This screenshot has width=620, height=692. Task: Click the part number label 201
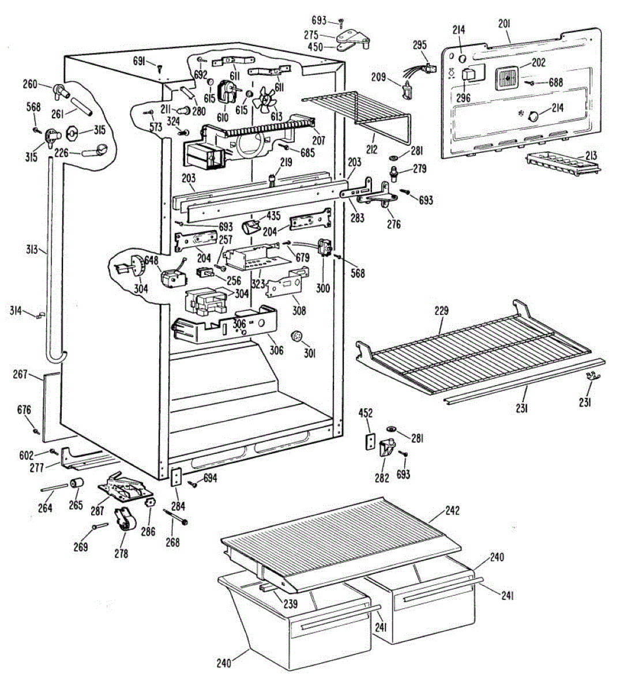pos(504,24)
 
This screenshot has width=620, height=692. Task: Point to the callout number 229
pos(441,311)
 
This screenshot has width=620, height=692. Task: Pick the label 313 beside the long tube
pos(32,250)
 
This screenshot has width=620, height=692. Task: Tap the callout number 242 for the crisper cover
pos(453,512)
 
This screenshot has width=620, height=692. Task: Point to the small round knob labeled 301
pos(297,336)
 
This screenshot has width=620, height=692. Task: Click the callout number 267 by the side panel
pos(20,375)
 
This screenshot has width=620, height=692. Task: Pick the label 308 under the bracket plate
pos(299,311)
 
